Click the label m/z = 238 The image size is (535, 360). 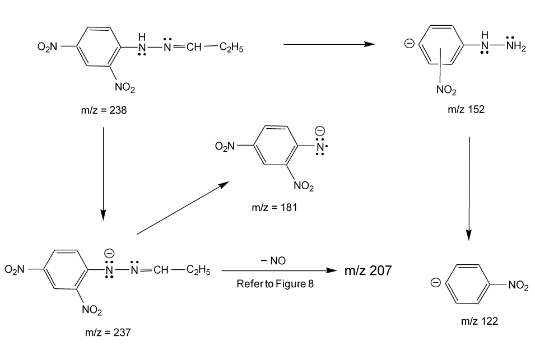[104, 110]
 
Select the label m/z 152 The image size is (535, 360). [466, 109]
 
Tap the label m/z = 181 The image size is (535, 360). [275, 207]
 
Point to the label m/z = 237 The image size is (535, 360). [108, 332]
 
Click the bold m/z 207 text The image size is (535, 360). [368, 270]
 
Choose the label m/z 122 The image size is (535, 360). [480, 321]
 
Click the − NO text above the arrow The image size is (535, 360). [273, 261]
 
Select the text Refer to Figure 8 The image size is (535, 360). [275, 284]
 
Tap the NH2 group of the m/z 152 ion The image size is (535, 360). [516, 46]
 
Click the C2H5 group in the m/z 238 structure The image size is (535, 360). [231, 48]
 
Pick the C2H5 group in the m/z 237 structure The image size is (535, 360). [198, 270]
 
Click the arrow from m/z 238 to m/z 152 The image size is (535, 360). [329, 44]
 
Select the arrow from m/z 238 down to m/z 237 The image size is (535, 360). [104, 174]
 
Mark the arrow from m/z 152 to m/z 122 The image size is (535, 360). [469, 189]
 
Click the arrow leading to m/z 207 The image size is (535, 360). [280, 270]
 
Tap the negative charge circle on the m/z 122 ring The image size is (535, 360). [436, 283]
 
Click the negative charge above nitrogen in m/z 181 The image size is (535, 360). [320, 131]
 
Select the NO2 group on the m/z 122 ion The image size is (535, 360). [518, 285]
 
